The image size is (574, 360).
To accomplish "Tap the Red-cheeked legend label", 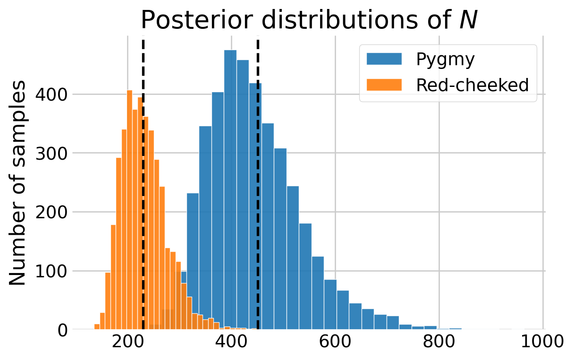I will (472, 85).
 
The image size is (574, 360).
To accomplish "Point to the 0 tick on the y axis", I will (62, 330).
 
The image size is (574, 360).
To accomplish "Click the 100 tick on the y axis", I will (53, 271).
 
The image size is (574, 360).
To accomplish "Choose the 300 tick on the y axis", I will (53, 153).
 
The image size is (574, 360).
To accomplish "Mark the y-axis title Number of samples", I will (18, 183).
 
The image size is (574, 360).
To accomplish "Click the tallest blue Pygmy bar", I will (230, 189).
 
